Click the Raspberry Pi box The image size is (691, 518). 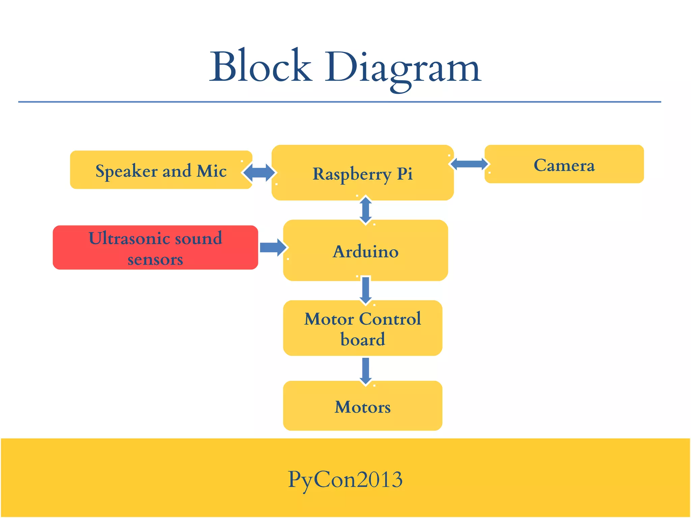coord(363,173)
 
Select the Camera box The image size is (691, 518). coord(564,165)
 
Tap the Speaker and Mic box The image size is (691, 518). coord(161,170)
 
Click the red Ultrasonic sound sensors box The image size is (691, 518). coord(155,248)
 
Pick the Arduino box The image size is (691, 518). coord(365,251)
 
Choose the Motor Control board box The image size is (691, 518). coord(363,328)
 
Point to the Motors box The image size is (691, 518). coord(363,406)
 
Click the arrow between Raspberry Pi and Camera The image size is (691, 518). coord(469,164)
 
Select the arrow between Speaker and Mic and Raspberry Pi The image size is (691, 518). coord(259,173)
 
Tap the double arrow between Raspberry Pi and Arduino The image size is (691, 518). coord(366,210)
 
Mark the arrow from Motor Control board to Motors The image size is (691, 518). coord(366,370)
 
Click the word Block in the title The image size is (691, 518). coord(260,66)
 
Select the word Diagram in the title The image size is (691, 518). coord(403,67)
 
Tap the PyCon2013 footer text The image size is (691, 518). coord(345,479)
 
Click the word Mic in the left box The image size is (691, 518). coord(212,171)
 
